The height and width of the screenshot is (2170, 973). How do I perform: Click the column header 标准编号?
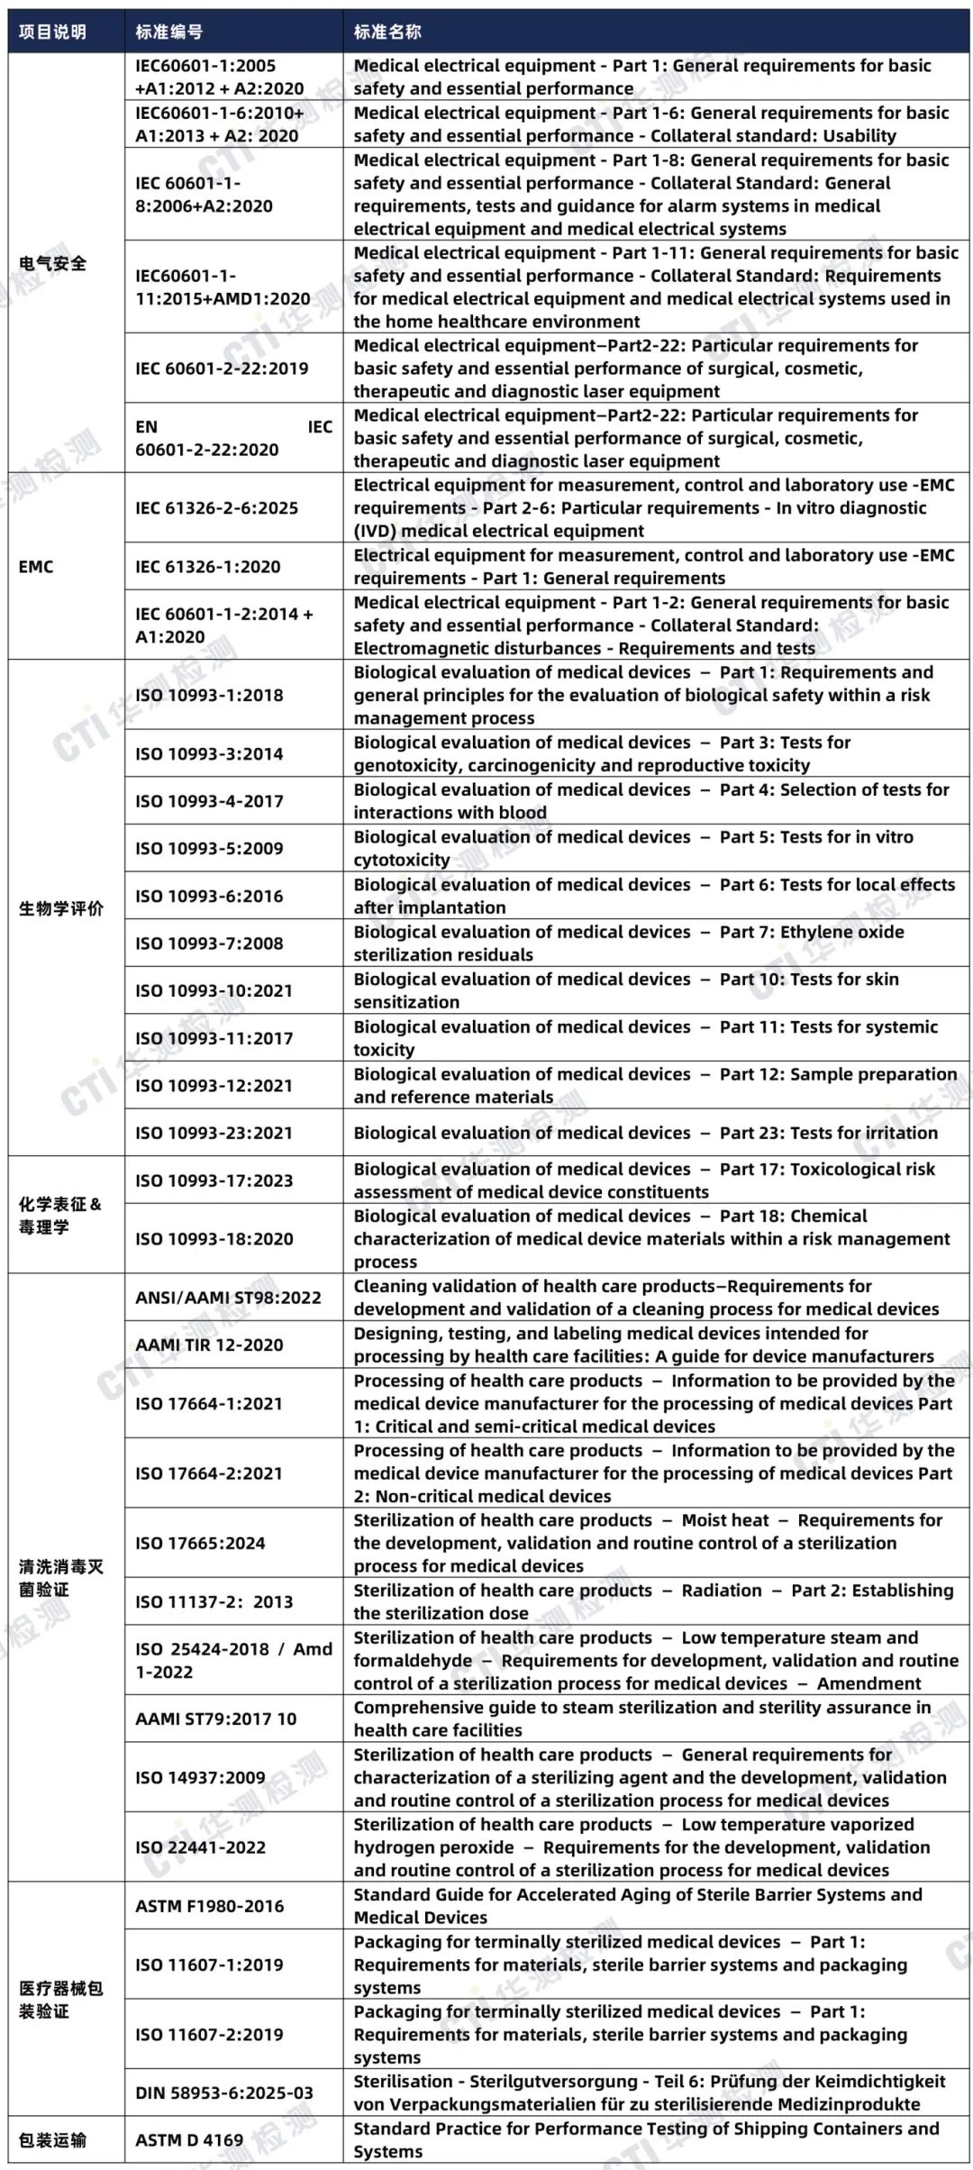[169, 32]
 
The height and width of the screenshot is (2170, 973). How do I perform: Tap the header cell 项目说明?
[52, 32]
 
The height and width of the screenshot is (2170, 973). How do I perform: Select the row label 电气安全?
[53, 263]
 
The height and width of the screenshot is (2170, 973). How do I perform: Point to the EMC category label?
[36, 567]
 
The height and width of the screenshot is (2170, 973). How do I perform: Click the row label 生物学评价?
[61, 907]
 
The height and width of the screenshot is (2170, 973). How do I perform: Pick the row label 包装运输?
[52, 2139]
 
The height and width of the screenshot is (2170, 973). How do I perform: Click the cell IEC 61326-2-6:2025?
[216, 508]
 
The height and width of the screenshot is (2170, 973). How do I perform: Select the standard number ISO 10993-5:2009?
[209, 848]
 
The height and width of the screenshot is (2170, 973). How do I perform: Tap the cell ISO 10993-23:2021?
[214, 1133]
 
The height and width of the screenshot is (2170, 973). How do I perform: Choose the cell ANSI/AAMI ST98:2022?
[228, 1298]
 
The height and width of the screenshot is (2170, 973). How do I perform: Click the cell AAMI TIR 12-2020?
[209, 1345]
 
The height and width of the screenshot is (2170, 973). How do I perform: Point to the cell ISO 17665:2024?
[200, 1543]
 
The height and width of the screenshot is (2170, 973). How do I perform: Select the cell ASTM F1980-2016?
[209, 1906]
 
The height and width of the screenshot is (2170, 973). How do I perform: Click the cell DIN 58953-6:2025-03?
[224, 2092]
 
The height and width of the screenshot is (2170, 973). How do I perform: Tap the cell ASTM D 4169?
[189, 2139]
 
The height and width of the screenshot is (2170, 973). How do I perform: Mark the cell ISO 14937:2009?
[200, 1777]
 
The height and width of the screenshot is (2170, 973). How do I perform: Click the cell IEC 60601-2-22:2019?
[222, 369]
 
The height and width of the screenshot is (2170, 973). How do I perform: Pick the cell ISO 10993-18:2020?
[214, 1239]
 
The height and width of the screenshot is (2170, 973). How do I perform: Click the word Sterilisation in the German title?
[403, 2081]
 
